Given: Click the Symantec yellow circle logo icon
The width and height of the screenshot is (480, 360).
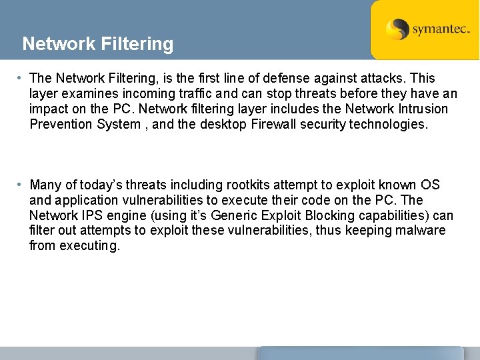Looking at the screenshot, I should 398,29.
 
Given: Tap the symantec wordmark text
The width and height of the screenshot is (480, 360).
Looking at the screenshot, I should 441,29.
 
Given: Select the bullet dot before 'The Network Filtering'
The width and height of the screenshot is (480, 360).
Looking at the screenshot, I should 22,79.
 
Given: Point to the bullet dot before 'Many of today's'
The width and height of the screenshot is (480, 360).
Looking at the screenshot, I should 22,185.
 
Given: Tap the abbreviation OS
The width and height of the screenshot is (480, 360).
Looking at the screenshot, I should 430,185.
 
